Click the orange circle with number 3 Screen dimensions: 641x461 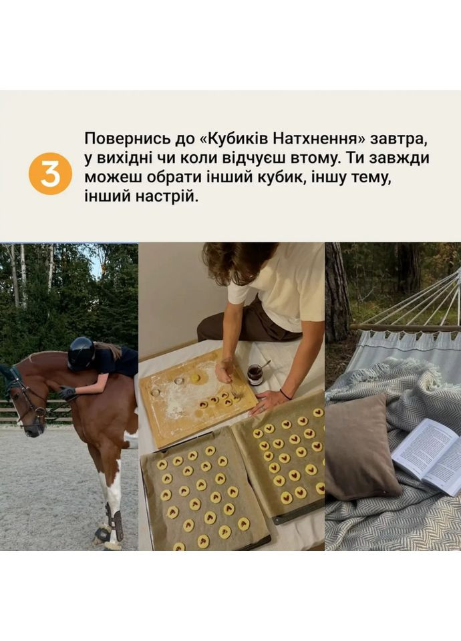coord(50,173)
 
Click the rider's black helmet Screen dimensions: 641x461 coord(81,353)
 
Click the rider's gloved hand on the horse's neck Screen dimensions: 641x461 coord(67,393)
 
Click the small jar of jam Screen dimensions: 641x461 coord(255,375)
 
